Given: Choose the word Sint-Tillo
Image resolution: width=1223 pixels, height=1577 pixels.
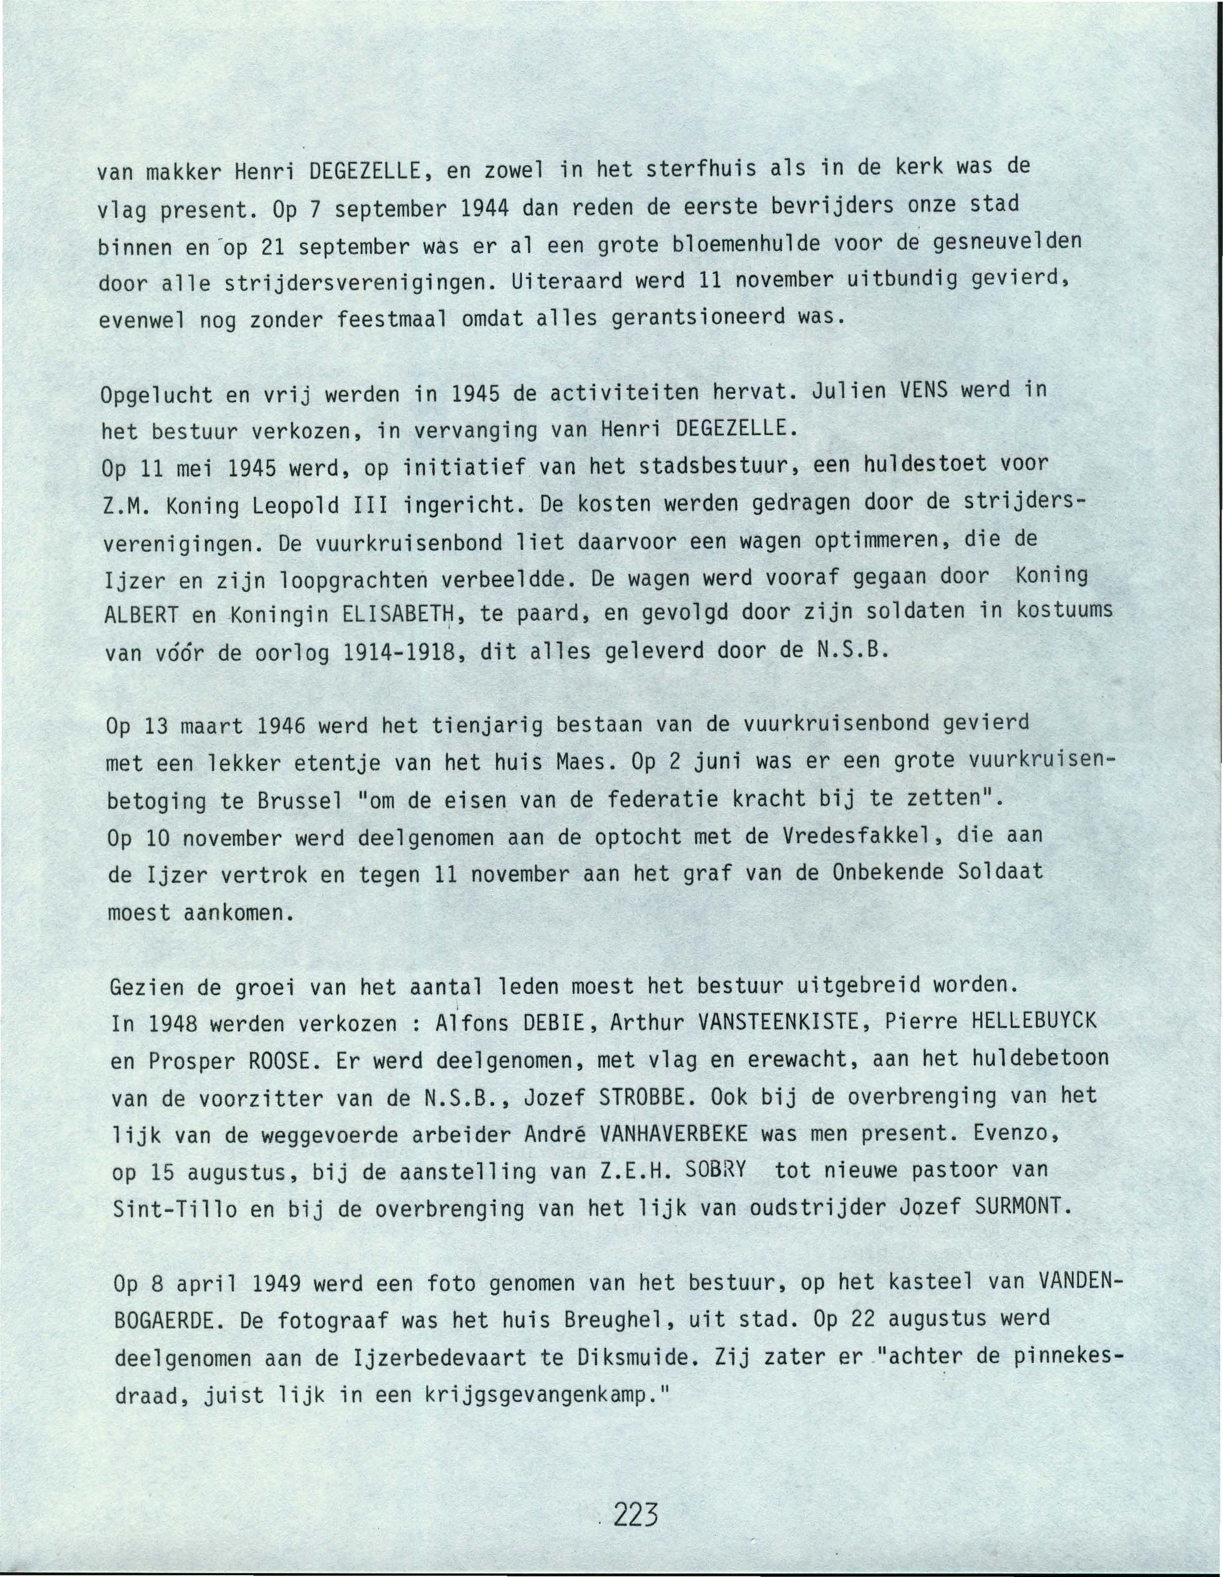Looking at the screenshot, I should tap(175, 1209).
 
